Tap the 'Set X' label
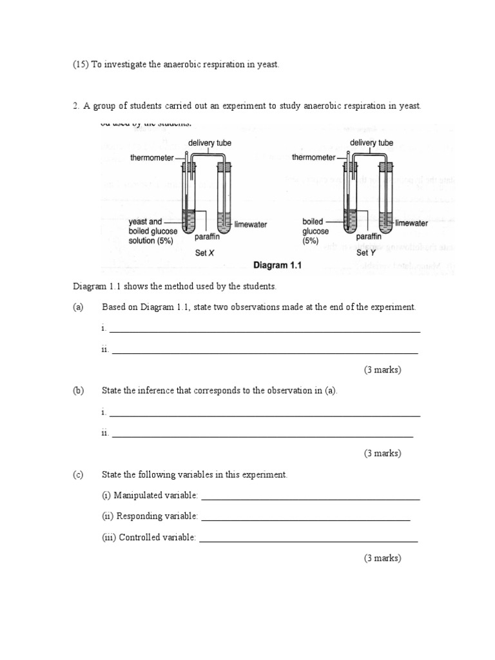(x=204, y=253)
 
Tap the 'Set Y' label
(x=364, y=253)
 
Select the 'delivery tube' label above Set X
(x=209, y=142)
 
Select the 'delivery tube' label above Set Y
(x=372, y=142)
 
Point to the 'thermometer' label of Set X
(x=152, y=158)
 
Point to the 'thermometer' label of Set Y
(x=314, y=157)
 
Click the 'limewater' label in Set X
(x=251, y=225)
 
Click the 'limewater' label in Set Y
(x=412, y=223)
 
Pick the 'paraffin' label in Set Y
(x=370, y=237)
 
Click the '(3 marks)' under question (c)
(x=382, y=558)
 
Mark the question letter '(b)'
(x=79, y=391)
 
